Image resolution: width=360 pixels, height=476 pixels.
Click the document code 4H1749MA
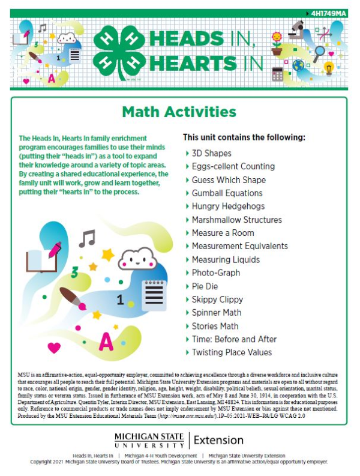click(x=329, y=13)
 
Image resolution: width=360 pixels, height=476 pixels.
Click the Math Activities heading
click(x=179, y=112)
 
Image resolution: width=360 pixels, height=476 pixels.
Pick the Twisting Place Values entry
click(x=232, y=352)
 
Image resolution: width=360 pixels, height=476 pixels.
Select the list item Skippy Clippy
click(x=217, y=299)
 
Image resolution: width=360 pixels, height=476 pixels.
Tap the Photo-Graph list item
click(x=215, y=273)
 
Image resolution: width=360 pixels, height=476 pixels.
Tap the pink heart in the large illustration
click(x=54, y=347)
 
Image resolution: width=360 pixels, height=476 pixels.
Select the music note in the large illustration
click(x=88, y=238)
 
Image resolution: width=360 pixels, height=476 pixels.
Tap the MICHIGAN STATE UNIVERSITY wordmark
click(x=149, y=440)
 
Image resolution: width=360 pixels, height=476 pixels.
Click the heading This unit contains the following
click(x=244, y=137)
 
